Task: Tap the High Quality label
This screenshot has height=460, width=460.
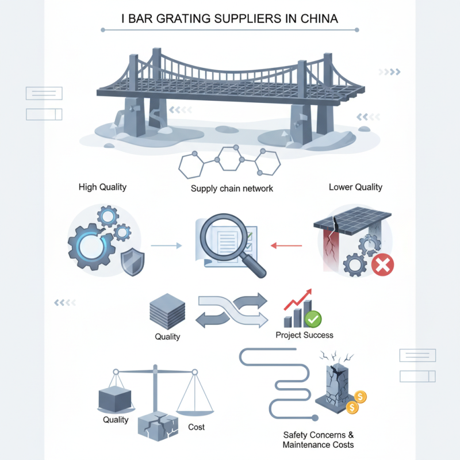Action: (x=102, y=187)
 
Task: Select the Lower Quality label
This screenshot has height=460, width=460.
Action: (x=355, y=187)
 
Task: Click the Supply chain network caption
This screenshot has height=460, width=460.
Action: (x=232, y=189)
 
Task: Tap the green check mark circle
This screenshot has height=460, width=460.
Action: (x=313, y=318)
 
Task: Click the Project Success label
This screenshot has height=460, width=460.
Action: (x=304, y=335)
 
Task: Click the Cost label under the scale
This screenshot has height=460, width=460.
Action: (x=196, y=427)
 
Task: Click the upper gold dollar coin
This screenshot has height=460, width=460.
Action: (x=361, y=396)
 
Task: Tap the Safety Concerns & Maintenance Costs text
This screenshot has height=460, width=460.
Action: (x=318, y=439)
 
